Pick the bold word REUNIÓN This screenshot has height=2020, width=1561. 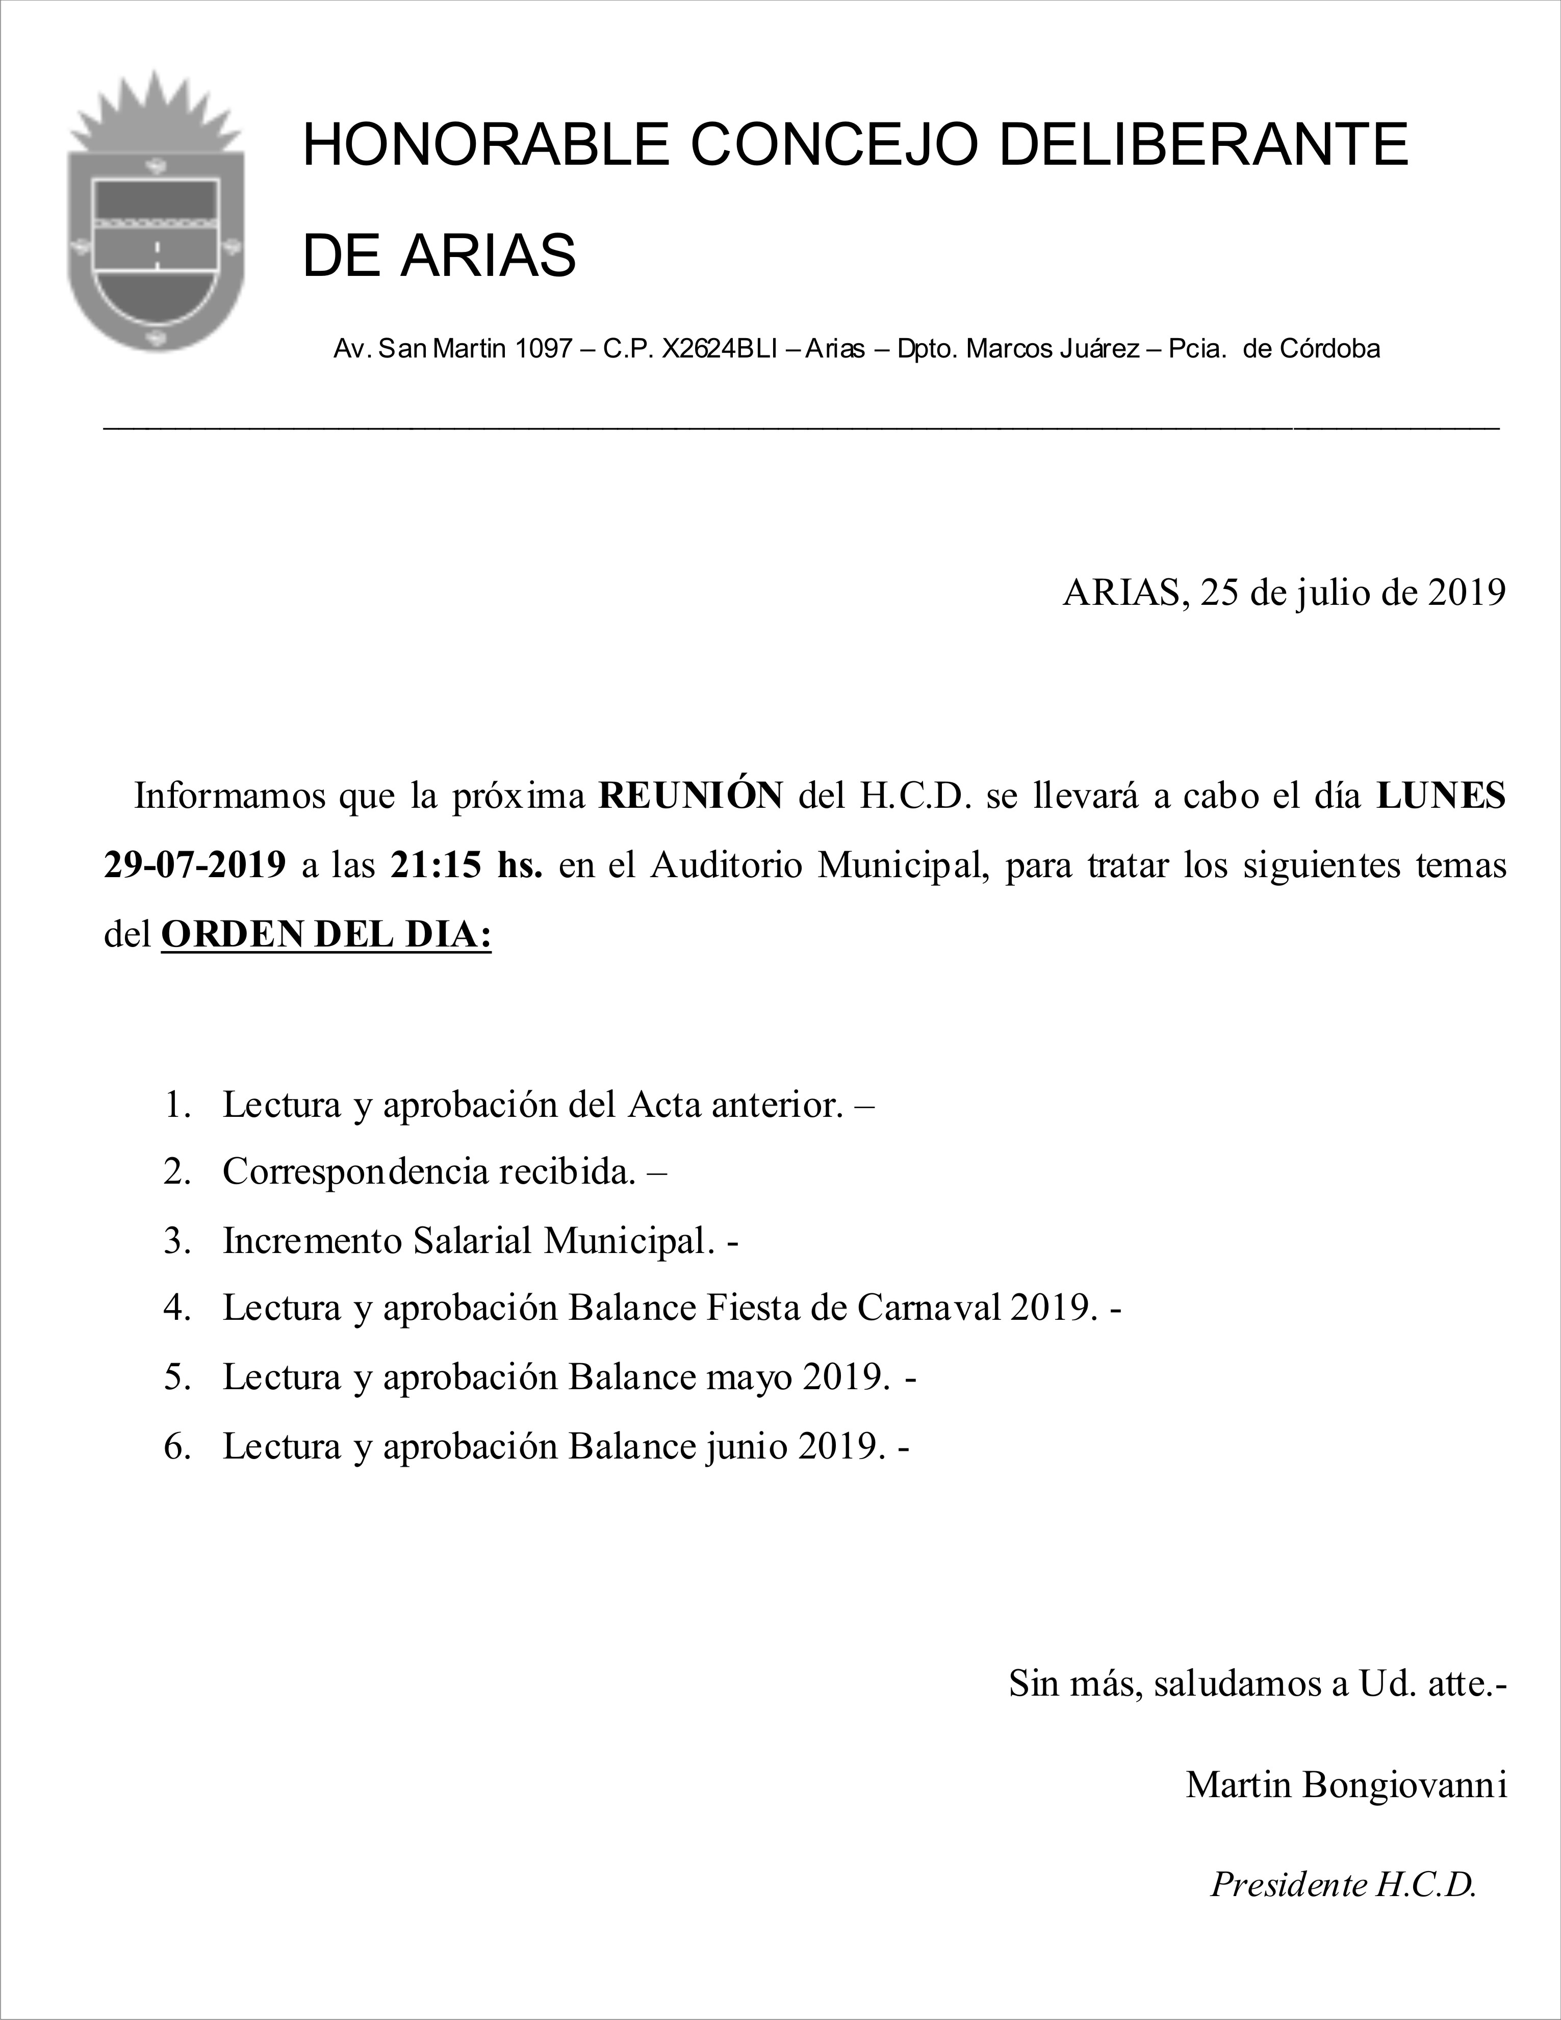click(x=691, y=797)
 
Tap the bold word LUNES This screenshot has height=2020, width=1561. click(x=1441, y=797)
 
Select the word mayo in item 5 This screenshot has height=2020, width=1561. click(x=749, y=1377)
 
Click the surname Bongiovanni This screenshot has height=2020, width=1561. click(x=1404, y=1784)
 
